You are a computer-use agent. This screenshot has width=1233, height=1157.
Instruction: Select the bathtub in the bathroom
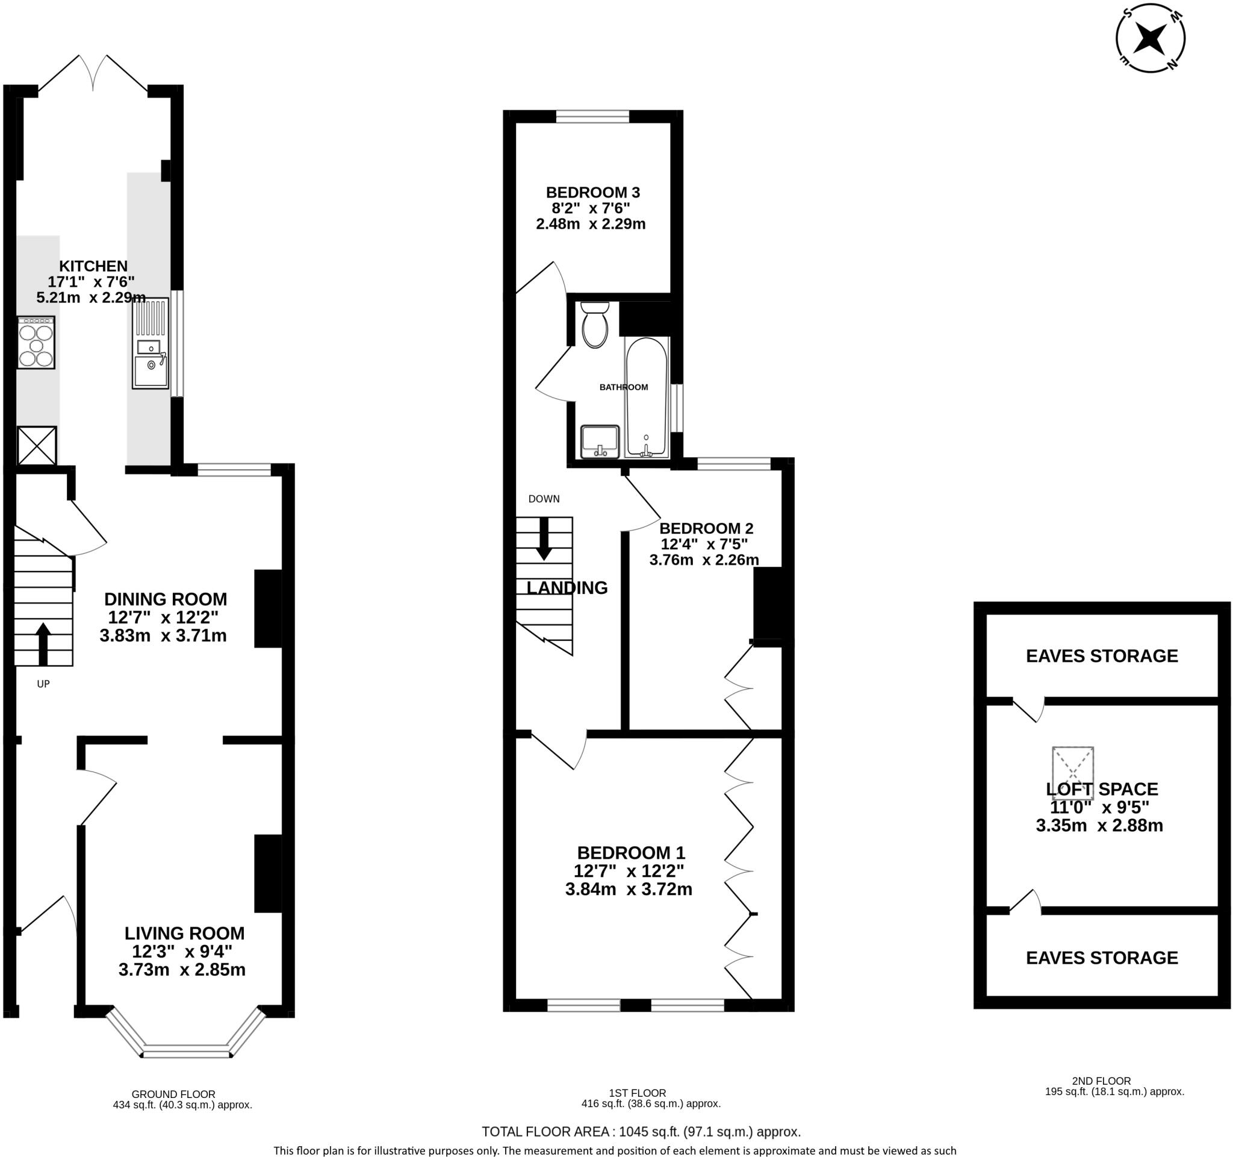(x=646, y=397)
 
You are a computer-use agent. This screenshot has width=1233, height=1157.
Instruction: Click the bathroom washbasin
(x=599, y=441)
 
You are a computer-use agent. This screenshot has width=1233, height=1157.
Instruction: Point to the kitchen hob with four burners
(x=36, y=343)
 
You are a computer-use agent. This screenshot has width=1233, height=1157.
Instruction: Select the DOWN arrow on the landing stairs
(x=544, y=538)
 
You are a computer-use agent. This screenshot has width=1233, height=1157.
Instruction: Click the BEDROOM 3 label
(x=592, y=192)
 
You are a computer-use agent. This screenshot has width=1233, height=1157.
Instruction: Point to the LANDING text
(x=567, y=587)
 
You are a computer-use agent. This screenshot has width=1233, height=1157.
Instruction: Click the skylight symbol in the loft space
(x=1072, y=767)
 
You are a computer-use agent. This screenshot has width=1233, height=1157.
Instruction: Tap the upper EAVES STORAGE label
(x=1102, y=656)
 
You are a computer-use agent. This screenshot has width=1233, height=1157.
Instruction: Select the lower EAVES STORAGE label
(x=1102, y=958)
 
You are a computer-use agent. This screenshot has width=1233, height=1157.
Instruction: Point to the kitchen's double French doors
(x=93, y=73)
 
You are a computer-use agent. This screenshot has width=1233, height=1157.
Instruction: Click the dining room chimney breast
(x=268, y=608)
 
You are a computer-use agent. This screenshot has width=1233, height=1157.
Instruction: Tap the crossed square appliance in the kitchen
(x=37, y=446)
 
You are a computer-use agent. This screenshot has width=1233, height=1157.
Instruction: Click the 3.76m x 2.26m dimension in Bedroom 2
(x=704, y=560)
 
